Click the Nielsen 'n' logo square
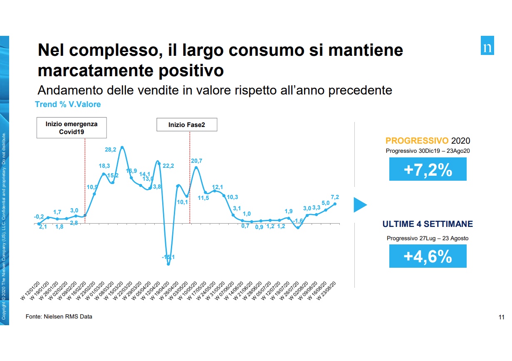tap(487, 47)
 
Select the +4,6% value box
tap(428, 256)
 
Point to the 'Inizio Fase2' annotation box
tap(187, 124)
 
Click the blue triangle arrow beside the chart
tap(359, 205)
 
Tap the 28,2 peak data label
tap(111, 149)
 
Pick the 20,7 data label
tap(196, 161)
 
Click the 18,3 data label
tap(104, 166)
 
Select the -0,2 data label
tap(39, 217)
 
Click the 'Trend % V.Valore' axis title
tap(68, 105)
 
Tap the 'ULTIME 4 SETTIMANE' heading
tap(428, 224)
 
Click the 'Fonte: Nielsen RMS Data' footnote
tap(59, 317)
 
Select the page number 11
tap(501, 317)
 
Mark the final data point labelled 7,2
tap(335, 204)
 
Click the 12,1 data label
tap(218, 187)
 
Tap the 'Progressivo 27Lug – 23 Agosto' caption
tap(428, 239)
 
